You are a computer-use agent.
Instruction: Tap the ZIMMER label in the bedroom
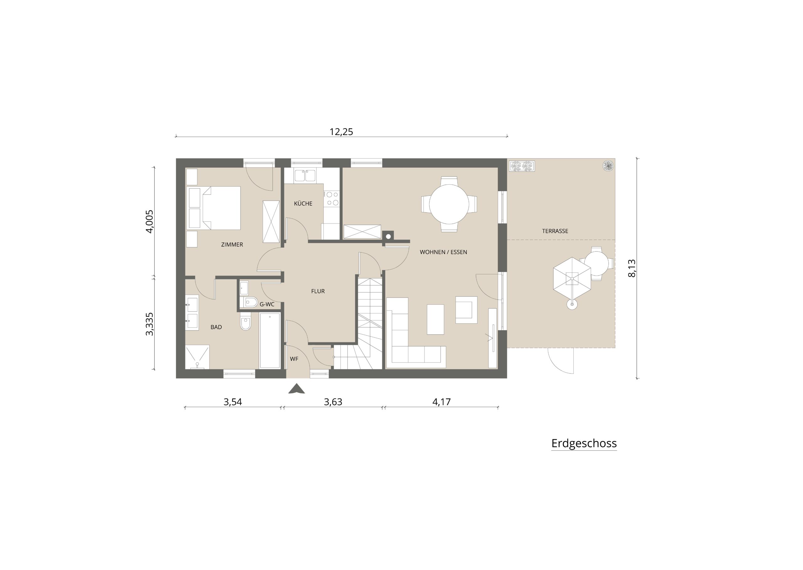coord(232,245)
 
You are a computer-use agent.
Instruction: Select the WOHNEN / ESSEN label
coord(443,252)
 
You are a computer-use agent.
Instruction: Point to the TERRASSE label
coord(555,231)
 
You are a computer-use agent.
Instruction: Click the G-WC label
coord(267,304)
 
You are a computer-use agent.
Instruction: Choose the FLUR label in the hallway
coord(318,291)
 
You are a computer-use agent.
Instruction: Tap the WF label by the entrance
coord(294,359)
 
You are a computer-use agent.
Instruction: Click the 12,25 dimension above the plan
coord(341,132)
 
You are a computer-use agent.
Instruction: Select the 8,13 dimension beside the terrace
coord(631,268)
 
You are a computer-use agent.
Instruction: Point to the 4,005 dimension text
coord(150,222)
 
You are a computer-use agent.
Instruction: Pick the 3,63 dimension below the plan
coord(333,402)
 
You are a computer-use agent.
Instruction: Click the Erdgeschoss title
coord(584,443)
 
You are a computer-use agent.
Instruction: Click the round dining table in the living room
coord(449,204)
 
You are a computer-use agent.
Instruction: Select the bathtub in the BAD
coord(270,341)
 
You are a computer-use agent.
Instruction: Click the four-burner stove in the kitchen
coord(331,199)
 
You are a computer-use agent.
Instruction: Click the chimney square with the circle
coord(388,236)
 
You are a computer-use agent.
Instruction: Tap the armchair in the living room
coord(466,309)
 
